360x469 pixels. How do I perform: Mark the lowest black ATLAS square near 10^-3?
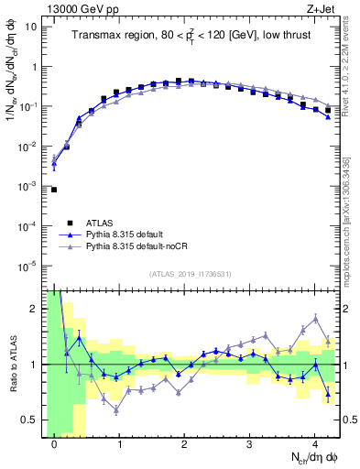[54, 190]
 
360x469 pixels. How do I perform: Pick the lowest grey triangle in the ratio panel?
[116, 409]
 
